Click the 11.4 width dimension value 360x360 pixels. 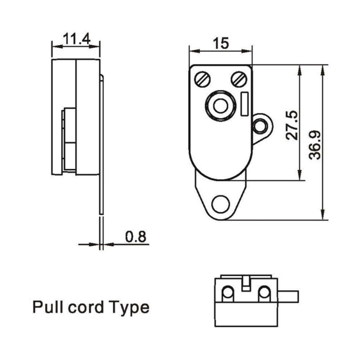click(x=76, y=39)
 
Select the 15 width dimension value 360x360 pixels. click(x=220, y=44)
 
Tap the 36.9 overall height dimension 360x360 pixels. click(x=315, y=144)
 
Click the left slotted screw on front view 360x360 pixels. click(x=202, y=79)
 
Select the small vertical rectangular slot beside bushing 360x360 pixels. click(x=245, y=104)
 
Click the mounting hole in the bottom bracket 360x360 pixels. click(x=220, y=204)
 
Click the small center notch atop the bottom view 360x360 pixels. click(x=246, y=282)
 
